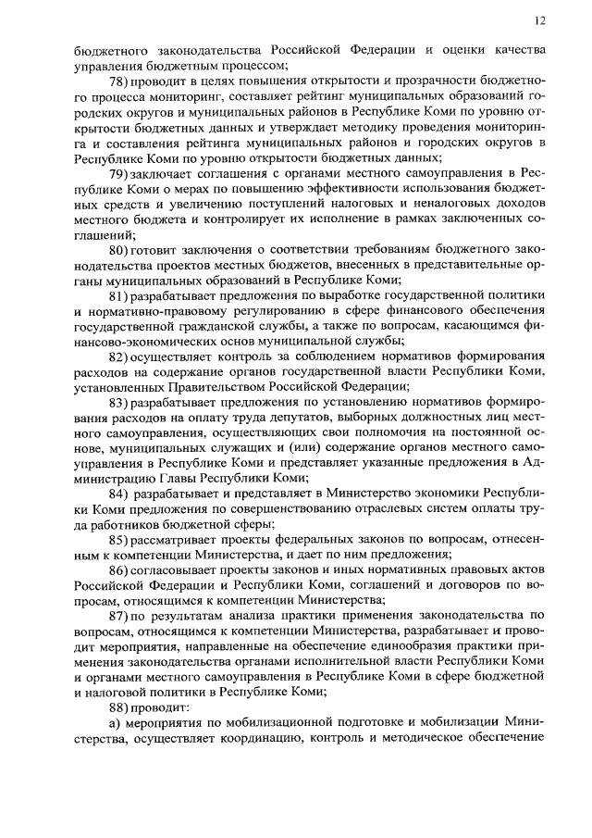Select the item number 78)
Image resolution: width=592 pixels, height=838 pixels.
(120, 81)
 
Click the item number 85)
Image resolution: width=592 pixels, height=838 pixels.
(120, 540)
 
